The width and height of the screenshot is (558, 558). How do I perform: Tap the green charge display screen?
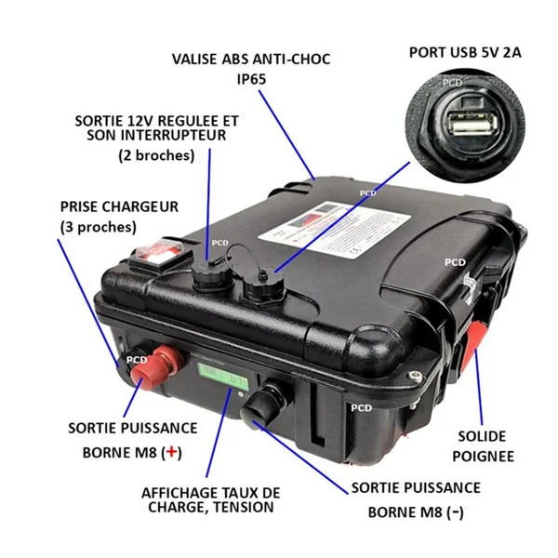click(221, 380)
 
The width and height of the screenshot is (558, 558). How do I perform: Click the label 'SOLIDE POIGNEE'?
click(484, 445)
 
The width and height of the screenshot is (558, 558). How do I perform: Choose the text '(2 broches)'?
click(156, 155)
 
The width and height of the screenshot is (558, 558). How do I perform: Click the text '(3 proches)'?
click(98, 226)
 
